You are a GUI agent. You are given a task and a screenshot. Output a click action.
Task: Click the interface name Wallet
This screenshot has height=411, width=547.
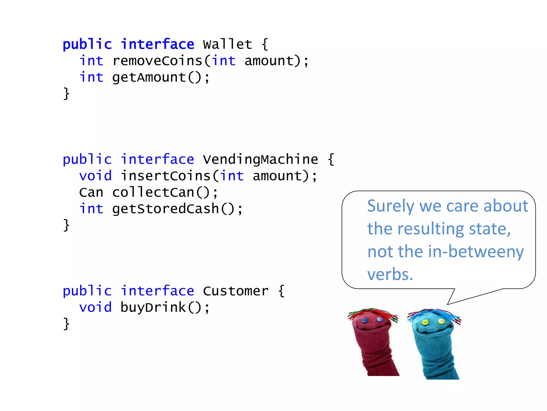227,44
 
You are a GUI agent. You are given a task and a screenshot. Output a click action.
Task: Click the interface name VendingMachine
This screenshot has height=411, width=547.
260,159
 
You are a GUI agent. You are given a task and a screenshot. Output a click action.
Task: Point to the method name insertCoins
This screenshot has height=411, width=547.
166,176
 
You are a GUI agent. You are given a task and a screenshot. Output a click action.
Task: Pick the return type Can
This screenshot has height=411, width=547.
91,193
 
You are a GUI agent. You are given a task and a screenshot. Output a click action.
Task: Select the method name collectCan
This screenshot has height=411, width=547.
153,193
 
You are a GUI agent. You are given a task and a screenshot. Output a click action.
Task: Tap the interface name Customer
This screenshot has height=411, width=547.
236,291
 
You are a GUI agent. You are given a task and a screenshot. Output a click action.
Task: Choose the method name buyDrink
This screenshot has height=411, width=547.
153,307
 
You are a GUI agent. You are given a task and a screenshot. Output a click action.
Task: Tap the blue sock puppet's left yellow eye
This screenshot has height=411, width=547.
425,323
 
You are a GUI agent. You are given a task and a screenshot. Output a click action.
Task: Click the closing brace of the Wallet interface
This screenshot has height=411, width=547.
66,94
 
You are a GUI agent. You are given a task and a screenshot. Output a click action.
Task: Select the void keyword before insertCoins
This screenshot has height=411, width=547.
95,176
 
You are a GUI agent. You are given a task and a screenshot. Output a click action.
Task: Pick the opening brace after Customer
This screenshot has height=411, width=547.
281,291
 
